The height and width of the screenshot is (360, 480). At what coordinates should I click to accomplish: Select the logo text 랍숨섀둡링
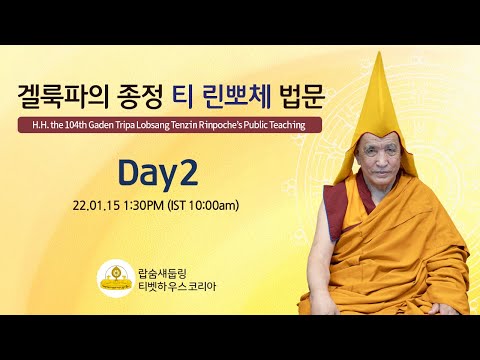coord(160,268)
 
